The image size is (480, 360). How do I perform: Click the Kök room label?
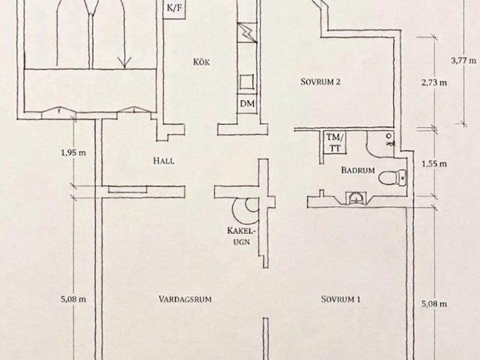coord(201,62)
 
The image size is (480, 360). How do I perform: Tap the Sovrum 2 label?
coord(320,82)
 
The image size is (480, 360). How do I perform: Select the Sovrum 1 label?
coord(341,299)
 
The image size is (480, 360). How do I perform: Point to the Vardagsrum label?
coord(185,299)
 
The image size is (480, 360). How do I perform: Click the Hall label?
coord(164,161)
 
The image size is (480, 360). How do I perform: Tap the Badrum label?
coord(358,170)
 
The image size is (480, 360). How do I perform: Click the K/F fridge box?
coord(174,9)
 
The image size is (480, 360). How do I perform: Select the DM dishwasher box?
coord(247,104)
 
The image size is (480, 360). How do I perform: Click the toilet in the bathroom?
coord(393,178)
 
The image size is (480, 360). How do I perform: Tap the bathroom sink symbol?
coord(356,198)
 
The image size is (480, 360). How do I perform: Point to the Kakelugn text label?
coord(241,236)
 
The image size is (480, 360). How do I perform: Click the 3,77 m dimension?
coord(464,60)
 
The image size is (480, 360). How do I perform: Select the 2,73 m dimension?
coord(434,82)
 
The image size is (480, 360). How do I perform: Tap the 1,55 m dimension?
coord(434,164)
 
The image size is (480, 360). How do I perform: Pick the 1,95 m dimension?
coord(74,152)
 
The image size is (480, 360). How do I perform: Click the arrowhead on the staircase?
coord(124,62)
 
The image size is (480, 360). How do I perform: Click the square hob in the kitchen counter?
coord(247,81)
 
